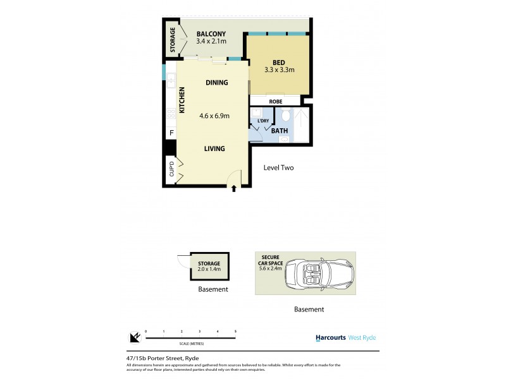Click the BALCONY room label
click(212, 33)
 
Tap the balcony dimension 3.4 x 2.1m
click(212, 42)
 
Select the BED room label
click(279, 62)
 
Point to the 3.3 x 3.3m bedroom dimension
click(280, 70)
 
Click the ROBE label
click(275, 100)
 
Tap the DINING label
click(217, 83)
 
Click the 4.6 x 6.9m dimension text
click(213, 116)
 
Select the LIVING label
click(214, 149)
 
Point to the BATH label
click(280, 131)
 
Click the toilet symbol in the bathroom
click(285, 115)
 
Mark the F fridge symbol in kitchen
click(170, 133)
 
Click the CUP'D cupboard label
click(171, 169)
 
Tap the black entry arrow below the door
click(234, 188)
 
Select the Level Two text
click(278, 168)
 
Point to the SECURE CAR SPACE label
click(272, 259)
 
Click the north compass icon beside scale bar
click(133, 337)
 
